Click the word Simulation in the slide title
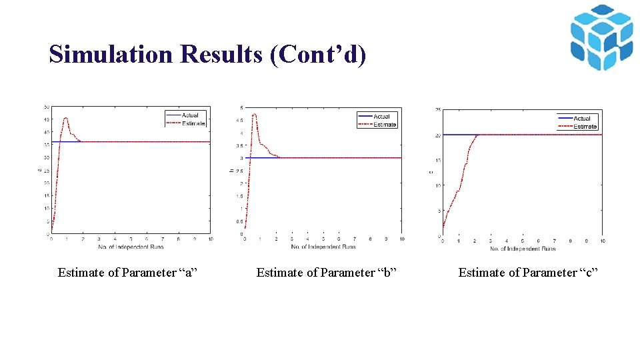click(110, 54)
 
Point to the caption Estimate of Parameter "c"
click(529, 272)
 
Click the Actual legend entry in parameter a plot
click(191, 115)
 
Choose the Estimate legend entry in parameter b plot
click(384, 125)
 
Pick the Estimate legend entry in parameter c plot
click(585, 127)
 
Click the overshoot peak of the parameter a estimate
click(65, 118)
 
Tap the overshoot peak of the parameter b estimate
click(254, 114)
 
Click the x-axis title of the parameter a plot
click(131, 247)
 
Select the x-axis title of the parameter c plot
click(523, 249)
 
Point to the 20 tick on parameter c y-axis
click(437, 135)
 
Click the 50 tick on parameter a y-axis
click(46, 107)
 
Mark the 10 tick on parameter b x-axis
click(402, 239)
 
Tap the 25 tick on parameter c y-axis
click(437, 110)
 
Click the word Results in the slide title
click(221, 54)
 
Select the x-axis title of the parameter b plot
click(323, 247)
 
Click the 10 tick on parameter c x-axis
click(602, 241)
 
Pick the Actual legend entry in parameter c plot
click(582, 119)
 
